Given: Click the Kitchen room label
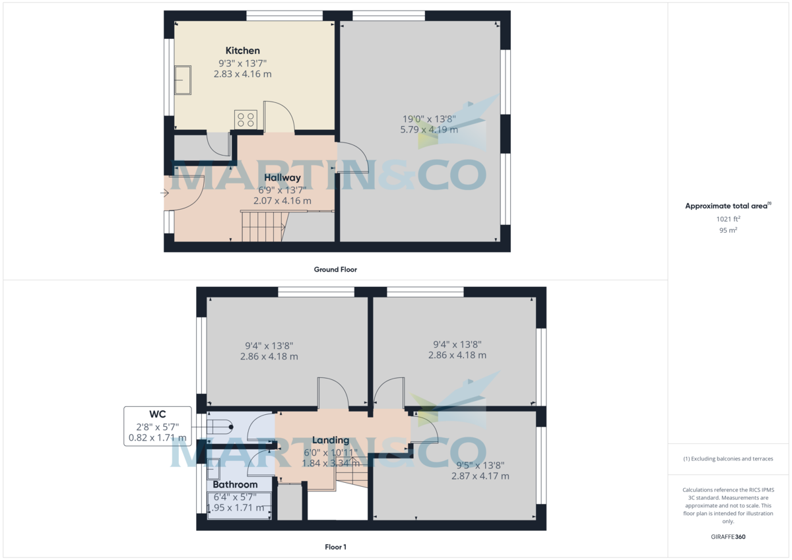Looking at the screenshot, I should click(x=242, y=51).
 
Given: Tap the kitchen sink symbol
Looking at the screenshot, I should click(x=183, y=80).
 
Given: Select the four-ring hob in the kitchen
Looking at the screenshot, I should click(x=246, y=119).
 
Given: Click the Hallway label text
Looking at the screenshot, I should click(x=282, y=177).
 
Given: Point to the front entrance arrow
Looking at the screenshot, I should click(x=164, y=193).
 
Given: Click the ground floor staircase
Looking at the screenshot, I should click(x=263, y=226).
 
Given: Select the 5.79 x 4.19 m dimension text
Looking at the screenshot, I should click(x=429, y=130).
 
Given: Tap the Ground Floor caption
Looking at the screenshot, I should click(x=335, y=269).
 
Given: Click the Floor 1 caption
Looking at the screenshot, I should click(x=335, y=547).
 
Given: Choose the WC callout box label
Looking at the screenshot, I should click(x=158, y=414).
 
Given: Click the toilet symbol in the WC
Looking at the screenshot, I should click(x=220, y=427).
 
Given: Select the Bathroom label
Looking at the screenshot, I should click(x=235, y=485).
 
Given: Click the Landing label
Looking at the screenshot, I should click(x=331, y=440).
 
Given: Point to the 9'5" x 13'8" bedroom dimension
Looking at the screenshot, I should click(x=480, y=465).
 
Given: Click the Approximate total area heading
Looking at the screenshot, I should click(x=726, y=206).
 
